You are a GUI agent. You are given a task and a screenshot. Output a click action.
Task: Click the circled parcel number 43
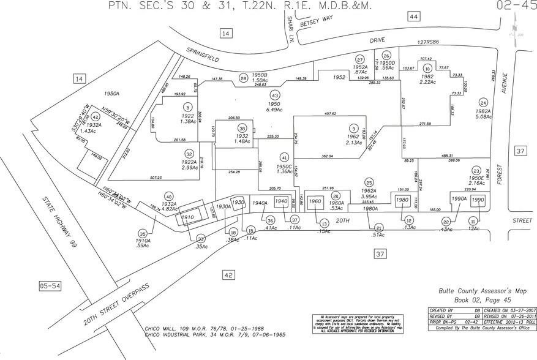pos(275,96)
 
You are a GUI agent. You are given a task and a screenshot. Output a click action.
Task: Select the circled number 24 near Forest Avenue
pos(483,102)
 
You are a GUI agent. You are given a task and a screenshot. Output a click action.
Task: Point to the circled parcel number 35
pos(143,233)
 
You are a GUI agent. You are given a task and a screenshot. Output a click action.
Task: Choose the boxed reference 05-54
pos(50,285)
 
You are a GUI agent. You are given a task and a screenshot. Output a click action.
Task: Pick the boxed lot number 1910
pos(187,217)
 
